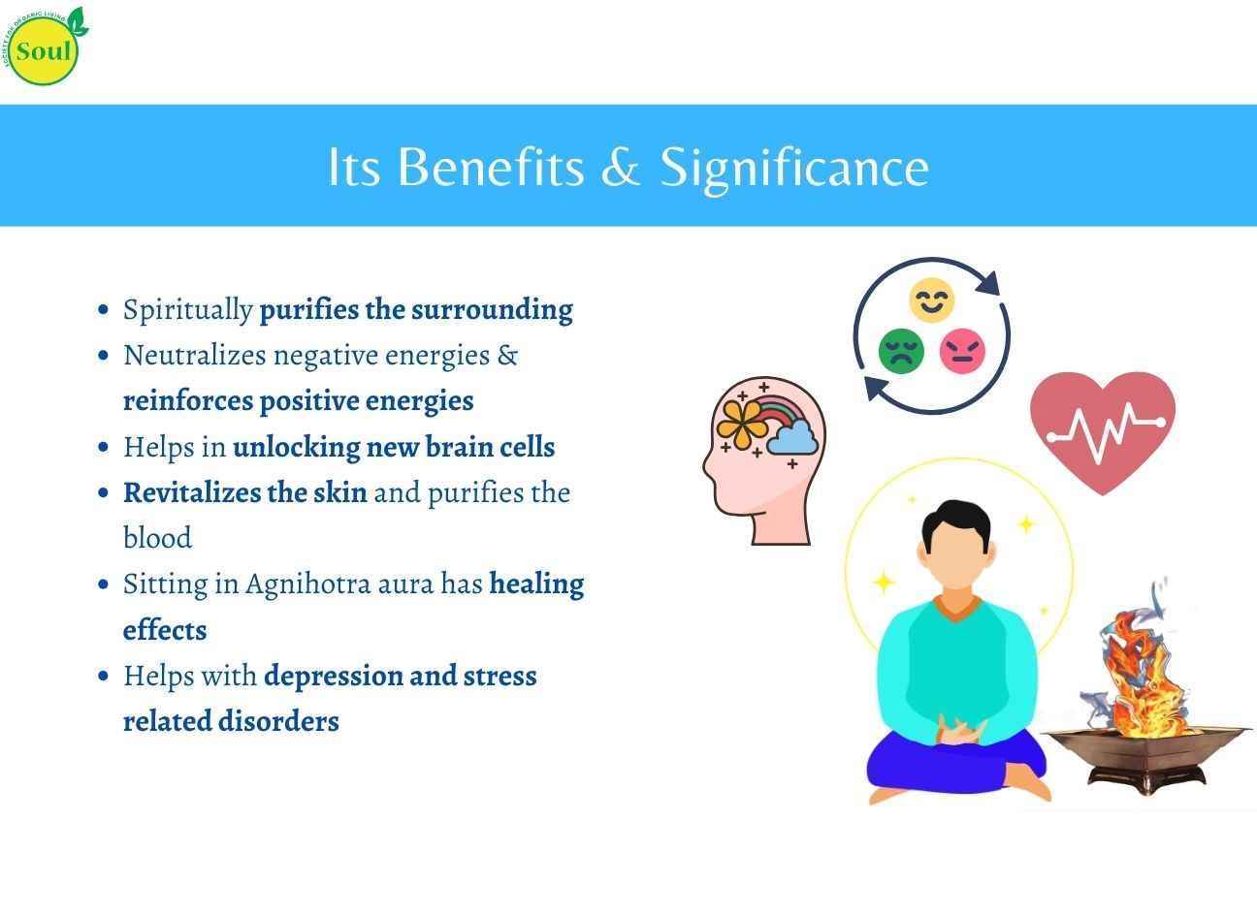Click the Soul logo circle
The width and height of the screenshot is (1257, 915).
tap(44, 50)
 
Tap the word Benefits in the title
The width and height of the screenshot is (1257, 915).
tap(491, 167)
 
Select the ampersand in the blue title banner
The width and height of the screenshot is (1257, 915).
tap(621, 167)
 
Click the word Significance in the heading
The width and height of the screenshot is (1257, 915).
tap(794, 170)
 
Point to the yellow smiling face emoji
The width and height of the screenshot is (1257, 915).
tap(931, 300)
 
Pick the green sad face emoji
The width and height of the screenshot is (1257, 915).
tap(901, 351)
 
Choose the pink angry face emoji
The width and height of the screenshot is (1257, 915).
tap(962, 351)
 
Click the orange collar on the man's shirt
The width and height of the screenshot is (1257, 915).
tap(957, 609)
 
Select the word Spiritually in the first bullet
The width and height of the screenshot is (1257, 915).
tap(188, 310)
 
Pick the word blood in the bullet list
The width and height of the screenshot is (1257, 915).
tap(157, 538)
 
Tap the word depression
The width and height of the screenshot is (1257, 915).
tap(333, 677)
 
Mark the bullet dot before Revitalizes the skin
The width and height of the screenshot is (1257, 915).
tap(103, 493)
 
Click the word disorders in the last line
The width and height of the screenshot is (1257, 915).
tap(278, 721)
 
